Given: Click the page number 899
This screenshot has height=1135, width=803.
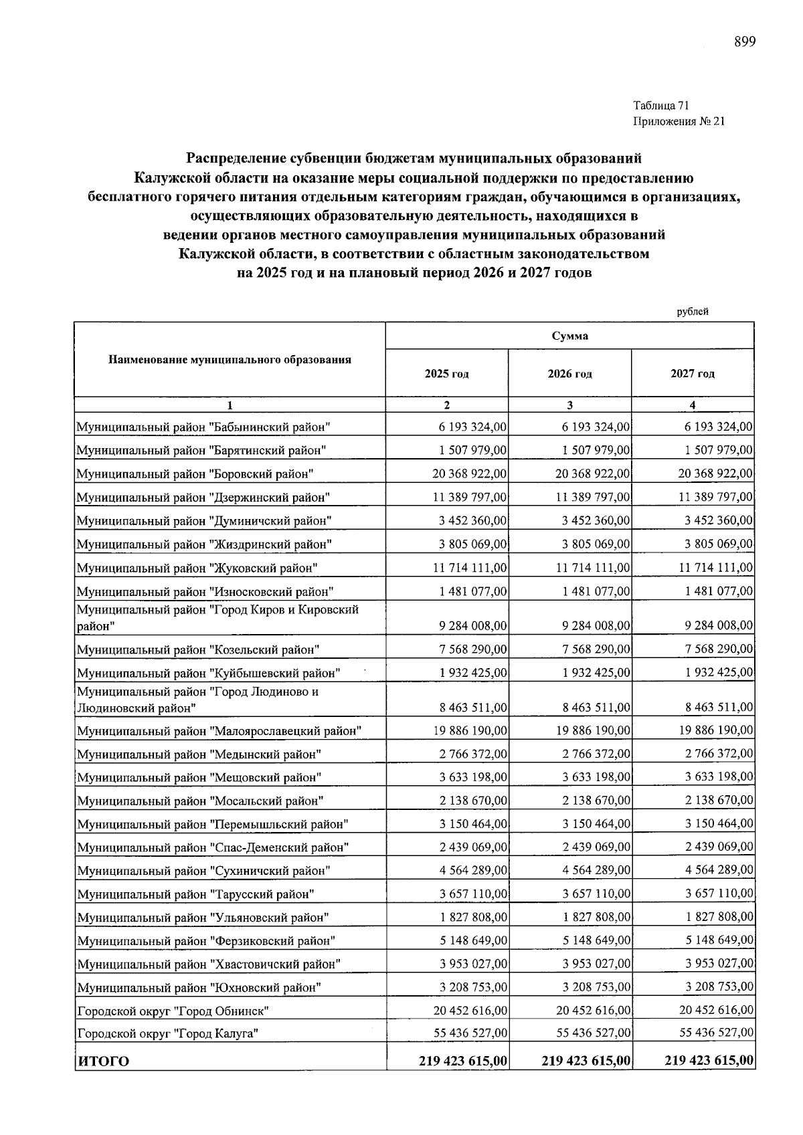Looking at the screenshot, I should [x=744, y=42].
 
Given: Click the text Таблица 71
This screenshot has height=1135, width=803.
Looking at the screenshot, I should [x=660, y=105].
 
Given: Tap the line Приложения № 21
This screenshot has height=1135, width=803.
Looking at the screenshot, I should [x=678, y=121].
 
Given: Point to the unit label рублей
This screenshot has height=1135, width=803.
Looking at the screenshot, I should [x=692, y=311].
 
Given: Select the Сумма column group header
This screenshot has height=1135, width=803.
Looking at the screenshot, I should [x=569, y=336].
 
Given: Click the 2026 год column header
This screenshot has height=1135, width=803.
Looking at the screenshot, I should [x=569, y=374].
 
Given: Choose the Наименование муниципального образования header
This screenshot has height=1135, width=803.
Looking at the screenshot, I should [x=230, y=360].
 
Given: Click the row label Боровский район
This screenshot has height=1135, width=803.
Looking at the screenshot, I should [x=195, y=474].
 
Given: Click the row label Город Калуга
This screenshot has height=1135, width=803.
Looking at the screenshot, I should [x=167, y=1033].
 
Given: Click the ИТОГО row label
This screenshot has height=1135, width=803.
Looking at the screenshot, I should [x=104, y=1061].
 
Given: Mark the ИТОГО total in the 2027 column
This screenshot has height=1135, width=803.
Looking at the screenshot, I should [x=709, y=1060].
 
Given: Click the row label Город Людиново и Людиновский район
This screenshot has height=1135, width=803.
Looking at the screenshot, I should [x=197, y=700].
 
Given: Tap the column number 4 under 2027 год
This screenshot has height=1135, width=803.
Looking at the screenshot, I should [x=692, y=405].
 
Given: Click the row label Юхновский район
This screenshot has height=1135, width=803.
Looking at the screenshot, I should [x=199, y=987].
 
